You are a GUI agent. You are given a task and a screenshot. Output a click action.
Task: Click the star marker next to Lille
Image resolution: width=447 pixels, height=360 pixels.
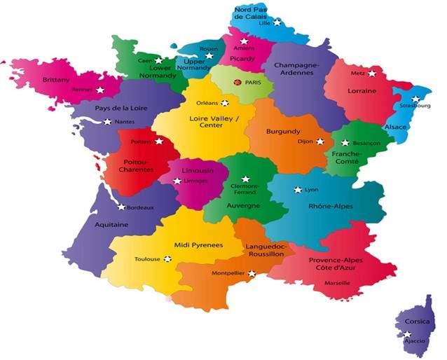pos(277,23)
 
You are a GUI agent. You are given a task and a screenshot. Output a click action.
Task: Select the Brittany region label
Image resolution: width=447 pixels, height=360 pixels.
pos(56,80)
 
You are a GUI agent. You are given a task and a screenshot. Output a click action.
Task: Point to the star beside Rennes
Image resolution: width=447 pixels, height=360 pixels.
pos(100,90)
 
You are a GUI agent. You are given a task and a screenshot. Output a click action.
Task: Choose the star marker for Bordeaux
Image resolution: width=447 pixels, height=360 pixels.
pos(121,207)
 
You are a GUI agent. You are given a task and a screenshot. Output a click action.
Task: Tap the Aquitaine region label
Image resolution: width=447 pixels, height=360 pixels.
pos(111,225)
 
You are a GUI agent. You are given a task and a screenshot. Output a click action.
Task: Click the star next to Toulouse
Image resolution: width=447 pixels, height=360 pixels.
pos(167,258)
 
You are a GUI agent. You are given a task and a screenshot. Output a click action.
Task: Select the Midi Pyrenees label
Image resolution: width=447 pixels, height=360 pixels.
pos(198,244)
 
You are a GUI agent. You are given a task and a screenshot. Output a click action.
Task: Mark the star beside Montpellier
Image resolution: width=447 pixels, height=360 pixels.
pos(252,274)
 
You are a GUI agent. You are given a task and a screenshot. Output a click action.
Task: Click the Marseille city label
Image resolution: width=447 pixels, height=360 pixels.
pos(338,283)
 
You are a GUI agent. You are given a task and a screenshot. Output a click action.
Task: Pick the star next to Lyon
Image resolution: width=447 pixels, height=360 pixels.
pos(298,190)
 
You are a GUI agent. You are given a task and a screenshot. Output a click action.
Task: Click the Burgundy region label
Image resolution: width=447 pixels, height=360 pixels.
pos(283,131)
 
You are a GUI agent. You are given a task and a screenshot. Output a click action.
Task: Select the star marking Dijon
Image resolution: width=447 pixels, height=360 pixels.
pos(319,141)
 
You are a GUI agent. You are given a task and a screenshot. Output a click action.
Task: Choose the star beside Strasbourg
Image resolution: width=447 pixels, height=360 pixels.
pos(415,99)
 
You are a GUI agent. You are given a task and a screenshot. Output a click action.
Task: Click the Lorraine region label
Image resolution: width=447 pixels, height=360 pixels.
pos(362,91)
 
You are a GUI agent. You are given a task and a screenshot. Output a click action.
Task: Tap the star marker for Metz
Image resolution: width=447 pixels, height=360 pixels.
pos(372,73)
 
